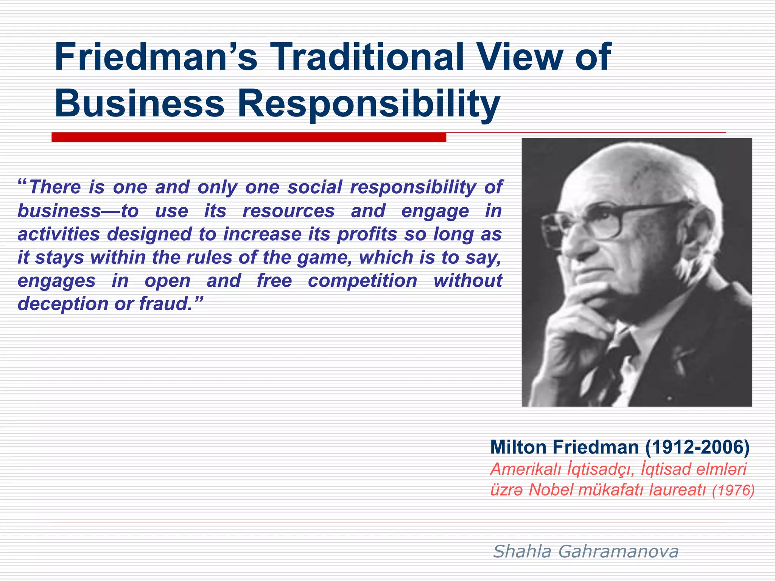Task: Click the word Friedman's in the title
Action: pyautogui.click(x=156, y=57)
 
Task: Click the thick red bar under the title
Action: pyautogui.click(x=249, y=137)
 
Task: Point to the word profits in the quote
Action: pyautogui.click(x=367, y=234)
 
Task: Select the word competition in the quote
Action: pyautogui.click(x=362, y=281)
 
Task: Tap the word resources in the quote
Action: pyautogui.click(x=288, y=211)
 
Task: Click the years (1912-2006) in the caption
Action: pyautogui.click(x=697, y=447)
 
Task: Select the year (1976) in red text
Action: pyautogui.click(x=733, y=491)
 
